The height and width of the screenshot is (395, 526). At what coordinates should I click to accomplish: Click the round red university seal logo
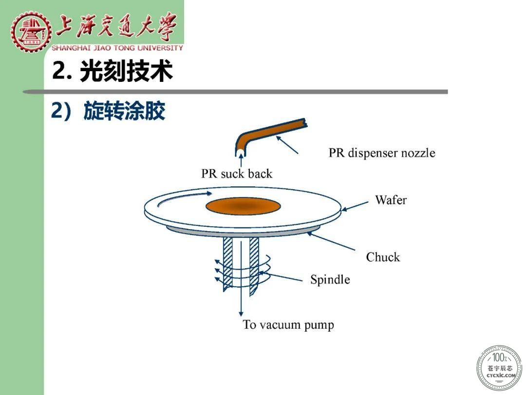31,32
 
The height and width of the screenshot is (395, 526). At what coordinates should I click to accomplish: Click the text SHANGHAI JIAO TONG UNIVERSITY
117,48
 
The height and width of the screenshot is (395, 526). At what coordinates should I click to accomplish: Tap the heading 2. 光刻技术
113,71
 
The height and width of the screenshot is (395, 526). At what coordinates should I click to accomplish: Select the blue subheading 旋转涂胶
125,111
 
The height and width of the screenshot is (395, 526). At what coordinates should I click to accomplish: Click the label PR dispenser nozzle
382,153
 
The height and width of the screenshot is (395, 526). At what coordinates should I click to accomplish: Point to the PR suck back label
237,174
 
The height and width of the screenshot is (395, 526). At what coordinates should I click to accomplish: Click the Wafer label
391,200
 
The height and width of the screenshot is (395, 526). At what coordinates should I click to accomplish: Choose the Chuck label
383,257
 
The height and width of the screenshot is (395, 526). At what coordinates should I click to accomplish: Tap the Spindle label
330,279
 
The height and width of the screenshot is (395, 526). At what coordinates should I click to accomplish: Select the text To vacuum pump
288,325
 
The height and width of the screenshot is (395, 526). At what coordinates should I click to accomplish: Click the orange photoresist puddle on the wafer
243,206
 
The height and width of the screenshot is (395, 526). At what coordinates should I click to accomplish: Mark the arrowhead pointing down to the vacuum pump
241,314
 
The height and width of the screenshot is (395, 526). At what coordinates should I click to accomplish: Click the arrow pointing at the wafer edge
355,206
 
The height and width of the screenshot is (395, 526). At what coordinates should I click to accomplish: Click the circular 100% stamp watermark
500,368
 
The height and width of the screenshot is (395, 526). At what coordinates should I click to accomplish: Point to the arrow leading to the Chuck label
331,241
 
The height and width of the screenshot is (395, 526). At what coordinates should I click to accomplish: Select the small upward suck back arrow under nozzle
241,159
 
